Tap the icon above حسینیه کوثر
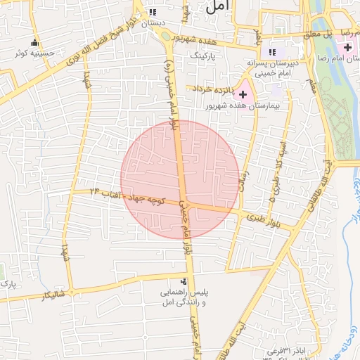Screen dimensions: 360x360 click(34, 43)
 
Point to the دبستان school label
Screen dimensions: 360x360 click(153, 23)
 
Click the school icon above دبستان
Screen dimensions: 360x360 click(153, 13)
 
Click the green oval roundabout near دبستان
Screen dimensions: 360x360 click(165, 36)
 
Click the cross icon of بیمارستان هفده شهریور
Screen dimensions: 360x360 click(243, 94)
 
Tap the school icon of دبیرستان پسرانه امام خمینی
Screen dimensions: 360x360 click(272, 52)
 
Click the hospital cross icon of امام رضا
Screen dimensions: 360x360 click(347, 46)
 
